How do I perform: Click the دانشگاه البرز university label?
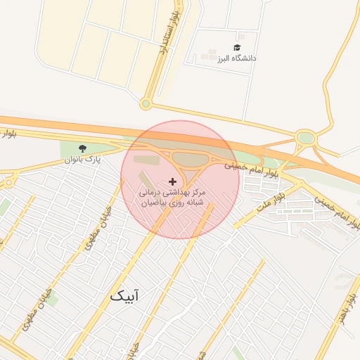point(237,58)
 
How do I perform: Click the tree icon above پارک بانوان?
point(84,148)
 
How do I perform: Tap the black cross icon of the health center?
point(174,181)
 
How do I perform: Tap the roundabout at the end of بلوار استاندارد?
point(146,105)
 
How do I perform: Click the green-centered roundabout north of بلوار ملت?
point(305,138)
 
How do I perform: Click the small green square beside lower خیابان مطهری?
point(51,300)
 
